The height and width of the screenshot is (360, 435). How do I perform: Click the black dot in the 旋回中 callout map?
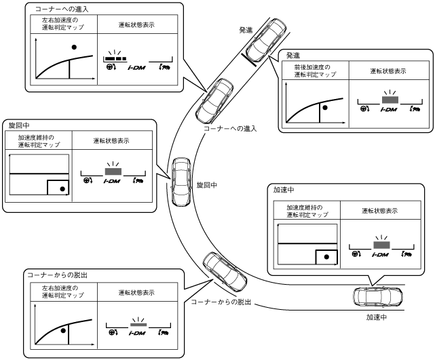point(63,188)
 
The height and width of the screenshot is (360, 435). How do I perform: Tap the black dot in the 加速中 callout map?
point(327,258)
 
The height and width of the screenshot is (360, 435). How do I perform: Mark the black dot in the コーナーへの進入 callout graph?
point(74,47)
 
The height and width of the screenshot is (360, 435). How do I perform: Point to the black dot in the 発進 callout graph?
point(324,107)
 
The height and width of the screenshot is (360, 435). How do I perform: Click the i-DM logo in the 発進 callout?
point(389,108)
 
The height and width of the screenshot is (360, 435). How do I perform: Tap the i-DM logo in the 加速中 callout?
point(381,254)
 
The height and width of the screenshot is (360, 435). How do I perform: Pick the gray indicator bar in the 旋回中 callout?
point(111,172)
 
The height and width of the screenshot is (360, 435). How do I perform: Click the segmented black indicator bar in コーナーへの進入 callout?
point(116,59)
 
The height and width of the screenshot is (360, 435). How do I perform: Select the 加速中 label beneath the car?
point(377,317)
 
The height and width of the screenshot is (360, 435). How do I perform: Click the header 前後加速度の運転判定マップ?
point(313,71)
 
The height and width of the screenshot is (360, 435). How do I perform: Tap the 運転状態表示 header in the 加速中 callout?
point(379,211)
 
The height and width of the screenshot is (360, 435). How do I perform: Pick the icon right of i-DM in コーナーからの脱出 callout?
point(163,333)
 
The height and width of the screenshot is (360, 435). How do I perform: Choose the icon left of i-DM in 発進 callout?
point(364,108)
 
